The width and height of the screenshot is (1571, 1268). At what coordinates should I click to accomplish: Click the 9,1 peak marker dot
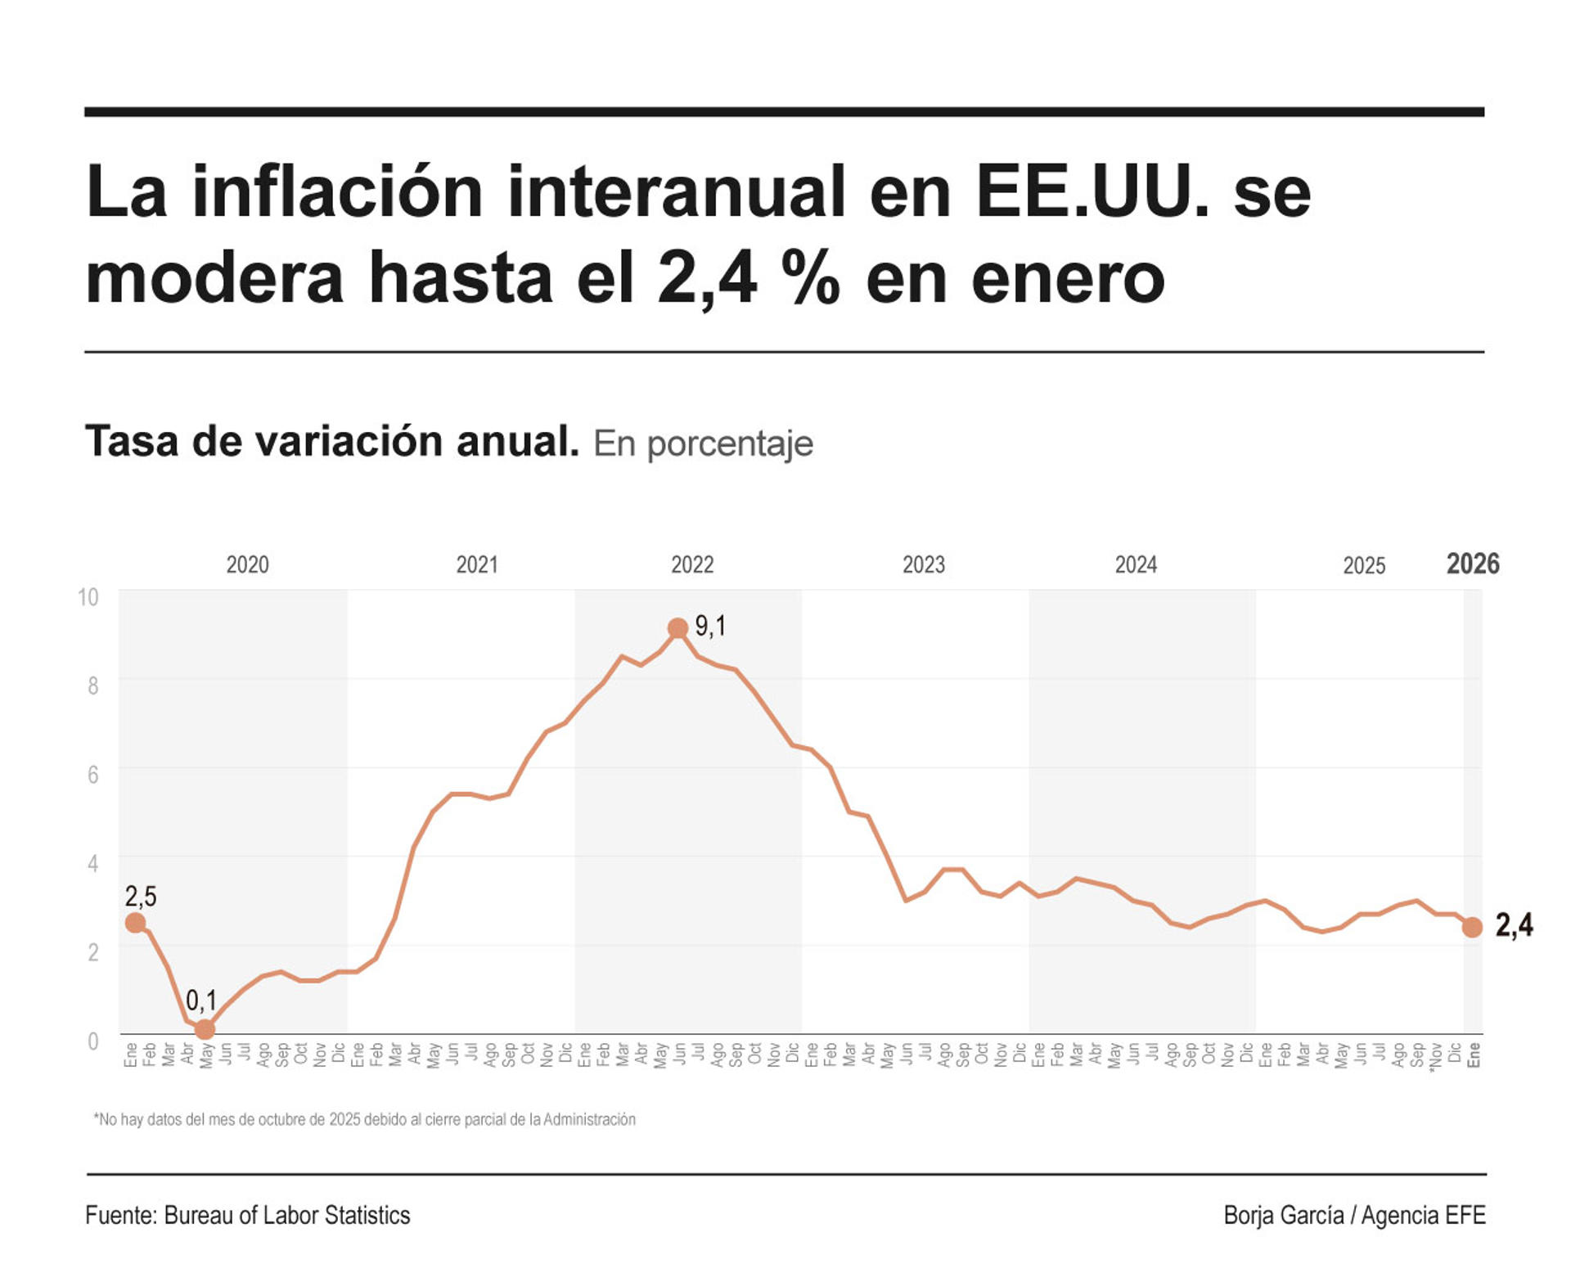pos(677,628)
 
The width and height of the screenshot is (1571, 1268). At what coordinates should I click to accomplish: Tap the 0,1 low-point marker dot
pos(205,1029)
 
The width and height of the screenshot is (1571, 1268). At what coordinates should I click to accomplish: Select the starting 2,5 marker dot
pos(135,923)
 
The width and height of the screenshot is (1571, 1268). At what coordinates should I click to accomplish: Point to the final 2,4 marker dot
pos(1472,927)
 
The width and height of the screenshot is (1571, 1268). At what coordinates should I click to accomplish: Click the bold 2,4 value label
pos(1514,925)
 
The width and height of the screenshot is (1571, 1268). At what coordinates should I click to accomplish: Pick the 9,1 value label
pos(710,627)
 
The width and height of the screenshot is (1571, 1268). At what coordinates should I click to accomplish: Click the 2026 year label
pos(1473,564)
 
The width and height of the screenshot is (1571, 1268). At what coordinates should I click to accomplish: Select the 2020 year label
pos(247,564)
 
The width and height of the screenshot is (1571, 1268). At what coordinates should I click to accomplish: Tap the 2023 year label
pos(924,564)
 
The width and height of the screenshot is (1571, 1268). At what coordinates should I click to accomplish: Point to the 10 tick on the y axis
pos(88,597)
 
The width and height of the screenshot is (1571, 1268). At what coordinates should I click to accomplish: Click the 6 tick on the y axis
pos(92,774)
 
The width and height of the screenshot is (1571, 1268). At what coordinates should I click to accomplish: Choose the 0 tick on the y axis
pos(93,1041)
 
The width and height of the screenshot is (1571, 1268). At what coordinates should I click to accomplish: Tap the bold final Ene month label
pos(1474,1054)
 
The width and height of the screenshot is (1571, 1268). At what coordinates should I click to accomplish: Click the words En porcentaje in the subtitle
pos(703,443)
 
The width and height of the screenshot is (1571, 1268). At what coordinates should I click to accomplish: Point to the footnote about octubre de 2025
pos(365,1119)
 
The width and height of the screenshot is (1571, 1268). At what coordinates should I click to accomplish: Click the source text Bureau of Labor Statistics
pos(287,1215)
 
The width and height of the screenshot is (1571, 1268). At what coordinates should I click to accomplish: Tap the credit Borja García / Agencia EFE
pos(1354,1215)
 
